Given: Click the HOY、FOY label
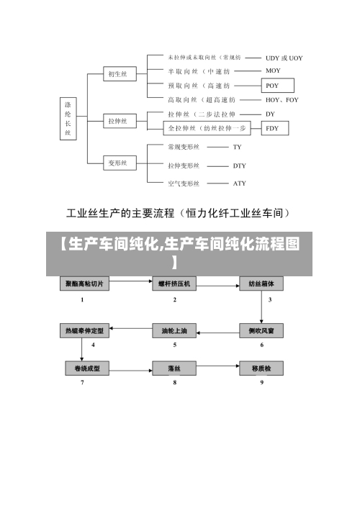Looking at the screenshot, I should coord(282,100).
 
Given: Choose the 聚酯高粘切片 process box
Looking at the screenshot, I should coord(84,284).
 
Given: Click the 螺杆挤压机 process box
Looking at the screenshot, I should coord(175,284).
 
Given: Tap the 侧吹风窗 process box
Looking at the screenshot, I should coord(261,330).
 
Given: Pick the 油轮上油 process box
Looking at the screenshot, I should coord(175,330).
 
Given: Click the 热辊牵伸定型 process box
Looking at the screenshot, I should coord(84,330).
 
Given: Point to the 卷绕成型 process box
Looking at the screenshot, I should coord(84,368).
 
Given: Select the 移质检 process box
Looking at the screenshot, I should coord(261,368).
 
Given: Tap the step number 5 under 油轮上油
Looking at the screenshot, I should coord(175,345).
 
